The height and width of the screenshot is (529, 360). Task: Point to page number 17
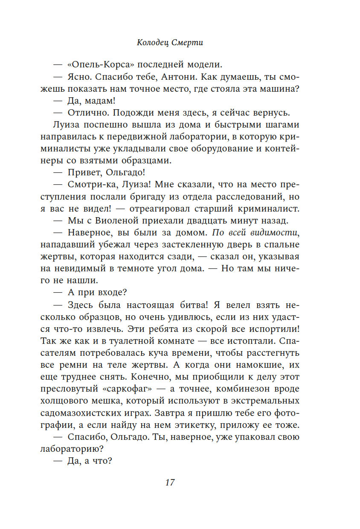tap(170, 482)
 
